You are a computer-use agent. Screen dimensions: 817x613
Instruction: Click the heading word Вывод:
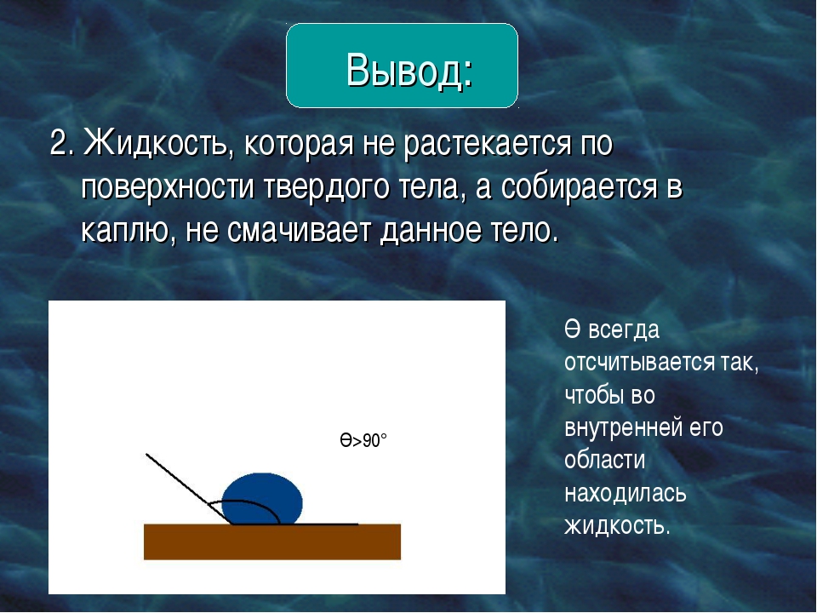(409, 70)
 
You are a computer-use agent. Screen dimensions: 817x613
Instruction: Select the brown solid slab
(272, 541)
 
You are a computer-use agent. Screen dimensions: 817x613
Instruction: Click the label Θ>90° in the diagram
(363, 441)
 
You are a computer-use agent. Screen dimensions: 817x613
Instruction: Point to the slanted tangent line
(189, 489)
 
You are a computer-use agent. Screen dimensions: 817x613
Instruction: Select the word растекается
(487, 144)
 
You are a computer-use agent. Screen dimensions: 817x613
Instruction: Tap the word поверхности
(168, 187)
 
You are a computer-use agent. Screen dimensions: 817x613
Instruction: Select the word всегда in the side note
(624, 330)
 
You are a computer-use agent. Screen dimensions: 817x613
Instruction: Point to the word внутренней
(623, 427)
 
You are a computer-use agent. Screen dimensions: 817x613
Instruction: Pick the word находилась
(626, 493)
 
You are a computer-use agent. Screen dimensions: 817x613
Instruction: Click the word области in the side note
(604, 460)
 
